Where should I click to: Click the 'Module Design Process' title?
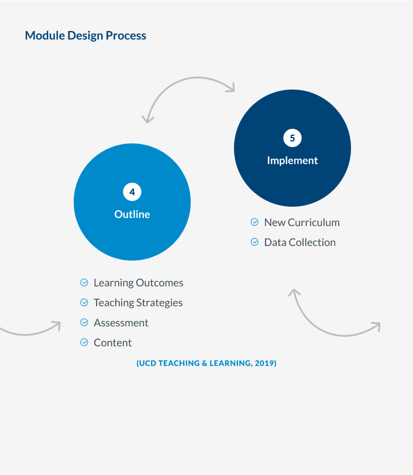(85, 36)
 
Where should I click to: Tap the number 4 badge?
(132, 192)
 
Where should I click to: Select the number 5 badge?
(292, 138)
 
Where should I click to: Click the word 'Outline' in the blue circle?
(132, 214)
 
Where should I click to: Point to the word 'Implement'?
(292, 160)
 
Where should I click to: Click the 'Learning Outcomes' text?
(138, 283)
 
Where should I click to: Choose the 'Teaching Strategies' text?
(138, 303)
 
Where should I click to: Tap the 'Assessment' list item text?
(121, 323)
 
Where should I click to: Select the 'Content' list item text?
(113, 343)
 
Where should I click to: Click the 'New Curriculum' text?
(302, 223)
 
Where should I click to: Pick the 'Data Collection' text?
(300, 242)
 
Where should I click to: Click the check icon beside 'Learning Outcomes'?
(84, 283)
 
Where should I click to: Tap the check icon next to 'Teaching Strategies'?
(84, 303)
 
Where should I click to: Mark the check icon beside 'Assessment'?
(84, 323)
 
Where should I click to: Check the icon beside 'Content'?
(84, 343)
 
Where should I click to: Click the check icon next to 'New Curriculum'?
(254, 223)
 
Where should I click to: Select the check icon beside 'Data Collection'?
(254, 242)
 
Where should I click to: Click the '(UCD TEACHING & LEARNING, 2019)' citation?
(206, 364)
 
